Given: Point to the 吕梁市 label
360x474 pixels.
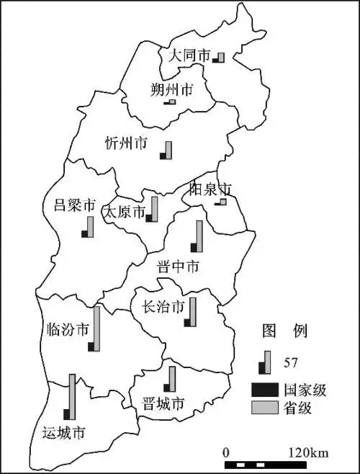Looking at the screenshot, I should (x=75, y=205).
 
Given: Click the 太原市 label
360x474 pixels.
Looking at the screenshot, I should (x=123, y=213).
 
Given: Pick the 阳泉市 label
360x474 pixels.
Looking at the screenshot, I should (x=210, y=189).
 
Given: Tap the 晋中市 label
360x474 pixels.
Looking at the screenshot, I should (x=178, y=267).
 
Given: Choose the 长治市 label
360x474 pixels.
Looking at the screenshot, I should (x=164, y=308).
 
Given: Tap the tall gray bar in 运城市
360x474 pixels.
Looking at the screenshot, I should (x=72, y=396).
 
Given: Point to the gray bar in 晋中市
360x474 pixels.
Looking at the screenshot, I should (x=199, y=236).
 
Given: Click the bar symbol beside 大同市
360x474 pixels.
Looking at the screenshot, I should (x=219, y=57).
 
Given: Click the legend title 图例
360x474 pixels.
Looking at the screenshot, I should (x=284, y=331).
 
